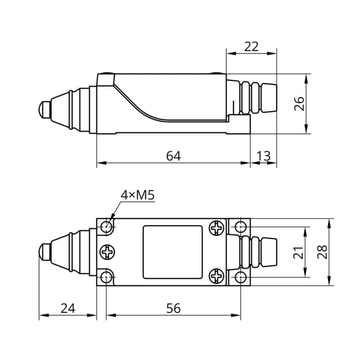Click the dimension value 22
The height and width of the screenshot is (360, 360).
[252, 46]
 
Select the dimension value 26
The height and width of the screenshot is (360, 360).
[300, 103]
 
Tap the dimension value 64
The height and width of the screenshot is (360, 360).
[173, 156]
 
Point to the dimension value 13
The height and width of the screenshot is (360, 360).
[264, 156]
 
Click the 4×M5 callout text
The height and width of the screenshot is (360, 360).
[137, 195]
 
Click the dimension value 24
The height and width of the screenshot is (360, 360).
[67, 308]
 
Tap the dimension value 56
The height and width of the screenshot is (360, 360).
[173, 308]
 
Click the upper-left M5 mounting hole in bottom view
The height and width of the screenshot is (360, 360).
[107, 227]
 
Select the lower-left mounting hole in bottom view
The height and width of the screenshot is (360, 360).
[107, 277]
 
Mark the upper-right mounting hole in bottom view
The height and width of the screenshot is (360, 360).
[242, 226]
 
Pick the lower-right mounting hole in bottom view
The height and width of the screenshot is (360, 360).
[242, 277]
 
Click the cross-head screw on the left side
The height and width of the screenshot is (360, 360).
[108, 252]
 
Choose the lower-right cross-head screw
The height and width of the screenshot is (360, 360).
[217, 276]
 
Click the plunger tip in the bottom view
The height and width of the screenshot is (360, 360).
[44, 252]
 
